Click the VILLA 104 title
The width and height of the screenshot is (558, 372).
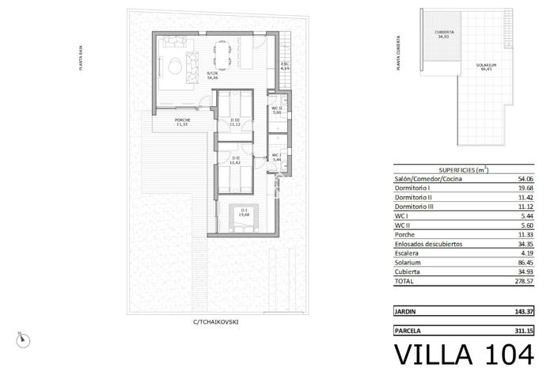[x=458, y=354]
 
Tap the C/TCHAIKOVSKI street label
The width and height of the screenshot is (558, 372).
[x=215, y=322]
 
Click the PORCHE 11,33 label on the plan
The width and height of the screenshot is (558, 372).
[x=182, y=122]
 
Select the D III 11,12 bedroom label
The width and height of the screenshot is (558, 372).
[x=234, y=123]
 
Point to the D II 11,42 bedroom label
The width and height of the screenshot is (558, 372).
[x=234, y=161]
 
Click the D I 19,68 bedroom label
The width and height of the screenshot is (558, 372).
[x=243, y=212]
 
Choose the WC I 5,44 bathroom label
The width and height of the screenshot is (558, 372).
[x=277, y=158]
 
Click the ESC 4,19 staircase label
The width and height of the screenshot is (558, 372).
[x=285, y=66]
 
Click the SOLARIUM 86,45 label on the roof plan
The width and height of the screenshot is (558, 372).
[x=487, y=66]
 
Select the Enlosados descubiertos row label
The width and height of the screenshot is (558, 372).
[x=428, y=245]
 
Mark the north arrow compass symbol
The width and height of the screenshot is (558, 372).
[x=26, y=338]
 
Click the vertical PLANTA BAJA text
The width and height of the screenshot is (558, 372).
[x=82, y=59]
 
